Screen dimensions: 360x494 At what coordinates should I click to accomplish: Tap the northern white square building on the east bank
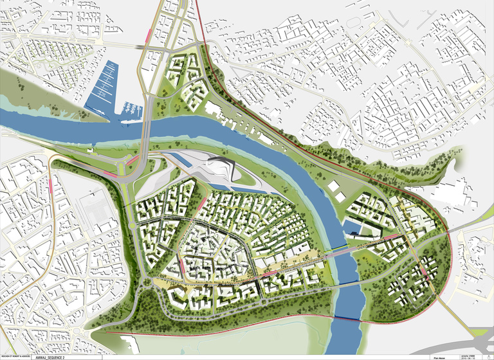tap(335, 186)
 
